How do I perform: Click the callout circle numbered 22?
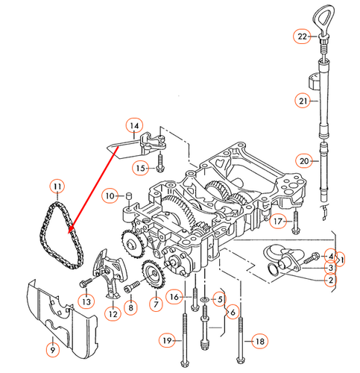click(x=301, y=36)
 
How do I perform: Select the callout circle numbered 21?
click(x=303, y=101)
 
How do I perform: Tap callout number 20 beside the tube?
click(x=303, y=160)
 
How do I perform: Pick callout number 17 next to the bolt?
click(x=278, y=221)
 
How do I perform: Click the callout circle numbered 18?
click(x=259, y=341)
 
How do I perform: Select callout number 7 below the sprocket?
click(x=155, y=304)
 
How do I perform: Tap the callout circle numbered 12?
click(x=113, y=314)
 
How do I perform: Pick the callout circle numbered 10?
click(x=110, y=195)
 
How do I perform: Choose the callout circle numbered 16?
click(x=174, y=297)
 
